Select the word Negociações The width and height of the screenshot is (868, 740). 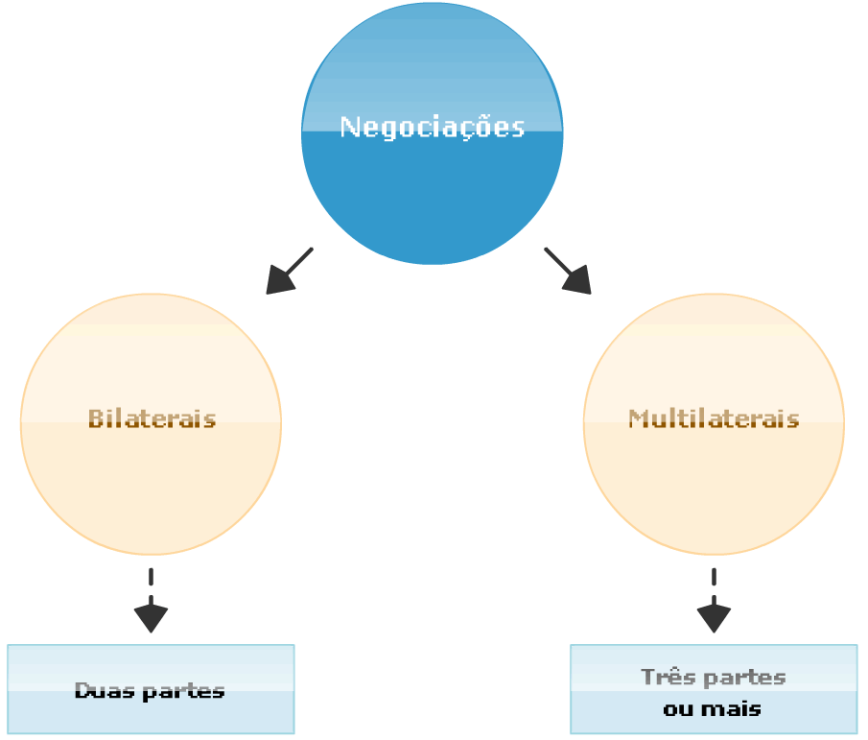432,127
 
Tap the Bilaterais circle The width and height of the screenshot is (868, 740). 151,480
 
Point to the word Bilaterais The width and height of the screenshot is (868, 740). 152,418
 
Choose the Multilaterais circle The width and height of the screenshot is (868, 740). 714,480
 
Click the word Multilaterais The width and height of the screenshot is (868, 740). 714,418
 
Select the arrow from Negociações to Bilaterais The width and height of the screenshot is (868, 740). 291,270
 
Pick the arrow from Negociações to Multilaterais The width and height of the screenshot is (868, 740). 567,270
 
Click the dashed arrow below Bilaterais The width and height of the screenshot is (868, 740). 151,600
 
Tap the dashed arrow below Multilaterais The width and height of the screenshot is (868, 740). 714,600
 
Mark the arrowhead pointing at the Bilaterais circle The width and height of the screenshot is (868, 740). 278,281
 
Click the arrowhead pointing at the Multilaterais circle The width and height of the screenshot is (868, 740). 579,281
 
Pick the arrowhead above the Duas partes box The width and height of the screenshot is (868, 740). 151,618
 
